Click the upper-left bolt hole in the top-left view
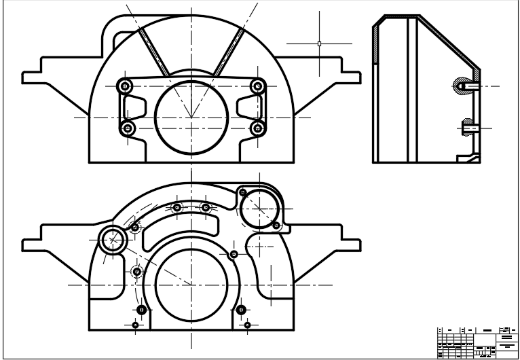125,86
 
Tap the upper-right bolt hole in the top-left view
257,86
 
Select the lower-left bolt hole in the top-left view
127,128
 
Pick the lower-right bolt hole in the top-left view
257,128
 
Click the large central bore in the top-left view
191,118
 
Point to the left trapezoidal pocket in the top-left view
136,107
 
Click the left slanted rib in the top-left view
155,52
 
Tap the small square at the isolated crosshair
319,43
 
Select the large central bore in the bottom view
191,285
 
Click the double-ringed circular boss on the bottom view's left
113,239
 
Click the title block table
477,342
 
